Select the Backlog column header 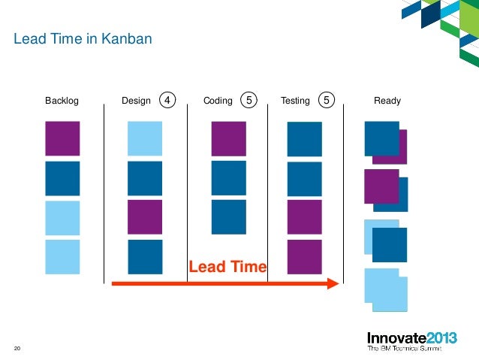62,100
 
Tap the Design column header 136,100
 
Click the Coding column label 218,100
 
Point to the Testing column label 294,100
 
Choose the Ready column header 387,100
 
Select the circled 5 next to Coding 248,99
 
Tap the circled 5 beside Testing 326,99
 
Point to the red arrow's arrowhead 335,283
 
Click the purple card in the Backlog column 62,139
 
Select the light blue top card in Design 145,139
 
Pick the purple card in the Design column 145,217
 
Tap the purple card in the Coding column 228,139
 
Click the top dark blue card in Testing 304,139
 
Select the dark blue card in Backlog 62,178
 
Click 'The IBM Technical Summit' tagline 403,349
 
